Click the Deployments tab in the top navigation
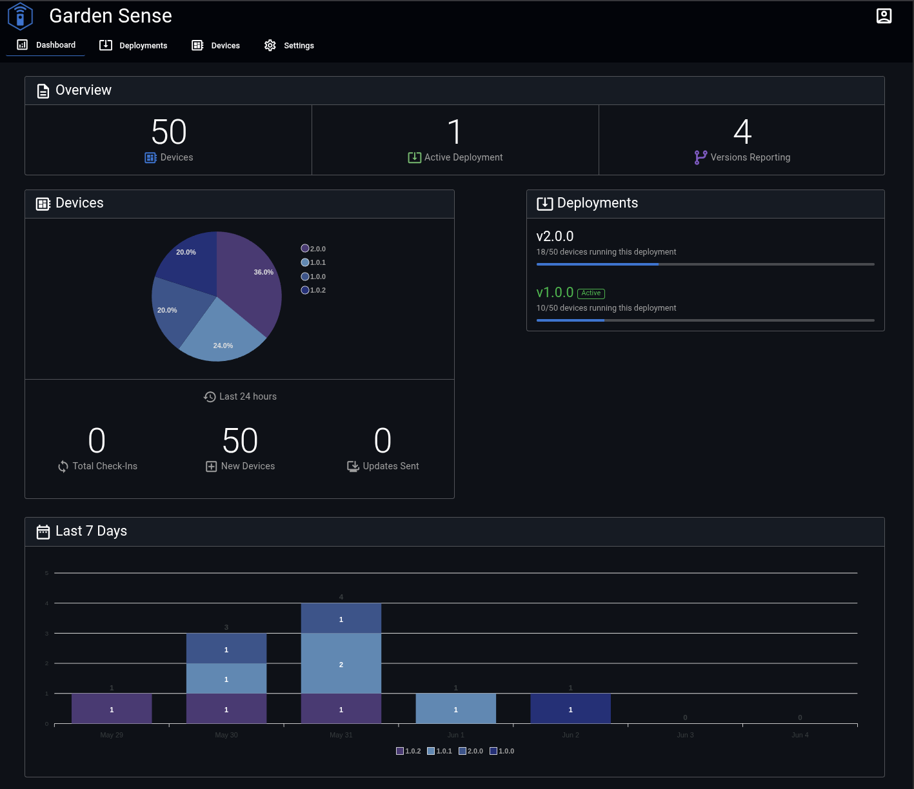point(134,45)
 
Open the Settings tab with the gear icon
point(289,45)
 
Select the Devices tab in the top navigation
point(216,45)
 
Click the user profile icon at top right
point(884,16)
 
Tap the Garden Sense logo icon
point(20,17)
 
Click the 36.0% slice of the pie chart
point(252,277)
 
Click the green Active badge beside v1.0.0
point(591,293)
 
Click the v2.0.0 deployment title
point(555,237)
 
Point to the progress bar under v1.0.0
point(705,320)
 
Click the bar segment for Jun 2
point(570,708)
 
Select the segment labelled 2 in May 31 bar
point(341,663)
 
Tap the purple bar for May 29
point(112,708)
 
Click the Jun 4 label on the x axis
point(800,735)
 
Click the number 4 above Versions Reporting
point(742,132)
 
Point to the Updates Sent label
point(390,466)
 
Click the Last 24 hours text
point(248,396)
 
